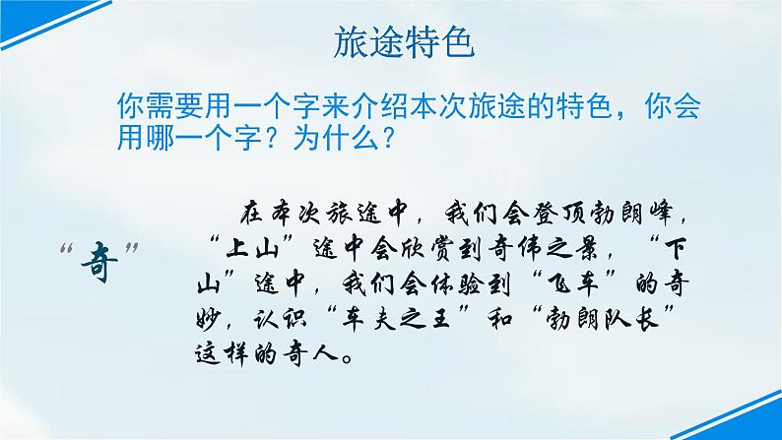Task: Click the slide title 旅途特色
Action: (392, 40)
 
